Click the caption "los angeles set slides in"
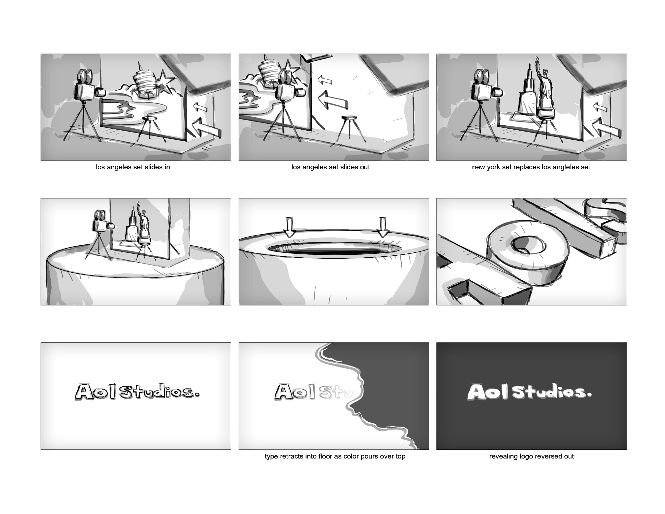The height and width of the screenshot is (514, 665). [133, 167]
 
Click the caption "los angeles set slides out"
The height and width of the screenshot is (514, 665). [331, 167]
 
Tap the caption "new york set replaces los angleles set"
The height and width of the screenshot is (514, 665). [531, 167]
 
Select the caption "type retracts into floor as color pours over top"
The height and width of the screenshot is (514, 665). [335, 456]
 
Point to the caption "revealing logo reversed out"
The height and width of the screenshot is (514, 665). [531, 456]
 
